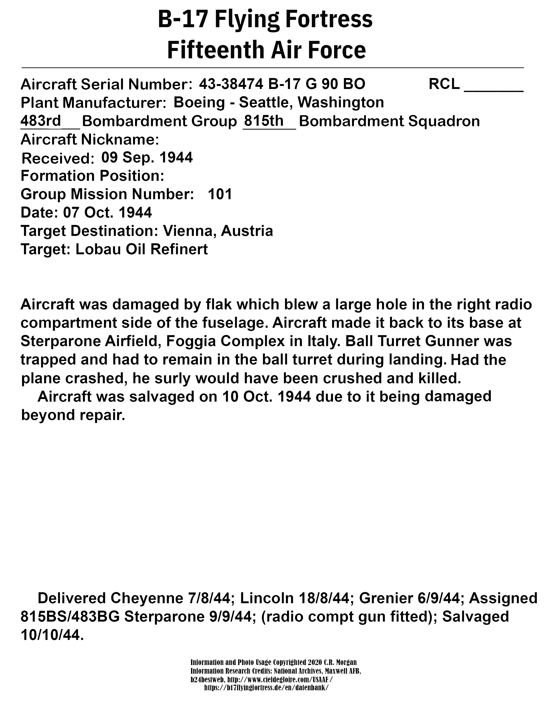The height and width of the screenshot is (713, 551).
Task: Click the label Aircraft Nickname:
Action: pyautogui.click(x=90, y=140)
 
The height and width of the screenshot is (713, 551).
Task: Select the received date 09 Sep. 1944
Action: pyautogui.click(x=147, y=158)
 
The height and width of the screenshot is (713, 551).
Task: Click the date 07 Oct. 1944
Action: pyautogui.click(x=107, y=213)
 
